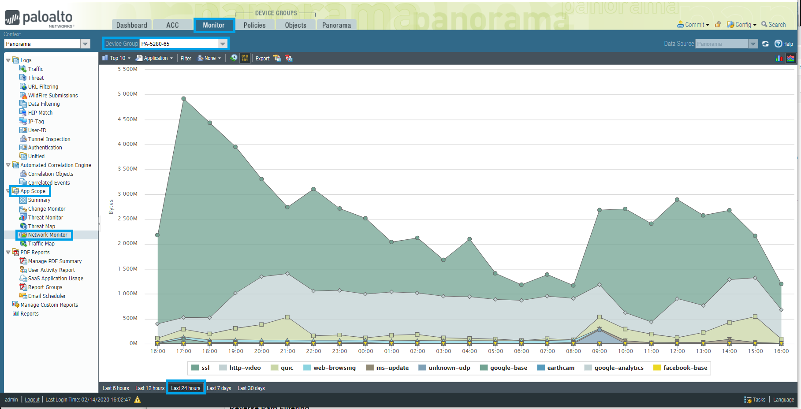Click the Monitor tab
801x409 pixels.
tap(214, 25)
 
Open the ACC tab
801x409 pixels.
tap(172, 25)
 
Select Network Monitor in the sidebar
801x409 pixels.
tap(48, 235)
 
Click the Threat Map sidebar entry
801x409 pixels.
tap(41, 226)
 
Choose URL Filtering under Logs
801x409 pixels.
tap(43, 87)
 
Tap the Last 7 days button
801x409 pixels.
tap(219, 388)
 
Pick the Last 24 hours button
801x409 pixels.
tap(186, 388)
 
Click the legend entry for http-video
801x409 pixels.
tap(245, 368)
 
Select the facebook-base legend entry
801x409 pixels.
tap(685, 368)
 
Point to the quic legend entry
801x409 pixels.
tap(287, 368)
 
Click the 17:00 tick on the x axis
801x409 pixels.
tap(184, 351)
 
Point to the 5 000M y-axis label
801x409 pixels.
tap(127, 94)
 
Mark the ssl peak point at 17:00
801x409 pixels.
tap(183, 99)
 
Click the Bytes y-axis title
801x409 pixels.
tap(111, 207)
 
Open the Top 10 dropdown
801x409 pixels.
tap(117, 58)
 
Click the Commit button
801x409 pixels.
tap(694, 25)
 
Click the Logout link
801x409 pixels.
tap(32, 400)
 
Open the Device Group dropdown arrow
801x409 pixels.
tap(223, 44)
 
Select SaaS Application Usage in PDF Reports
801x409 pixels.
tap(56, 279)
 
